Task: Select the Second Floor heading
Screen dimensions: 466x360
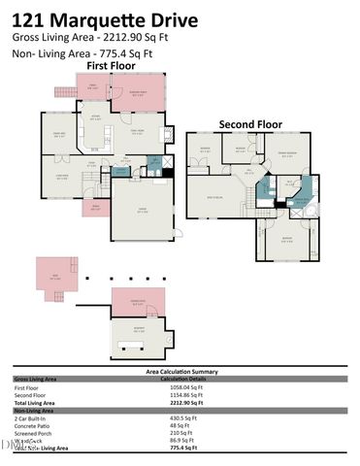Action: (x=250, y=124)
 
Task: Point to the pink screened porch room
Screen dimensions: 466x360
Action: (x=140, y=96)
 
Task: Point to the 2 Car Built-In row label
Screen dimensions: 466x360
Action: (x=34, y=418)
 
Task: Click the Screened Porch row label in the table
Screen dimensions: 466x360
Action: (x=33, y=433)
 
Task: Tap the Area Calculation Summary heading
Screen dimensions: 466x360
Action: (x=179, y=371)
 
